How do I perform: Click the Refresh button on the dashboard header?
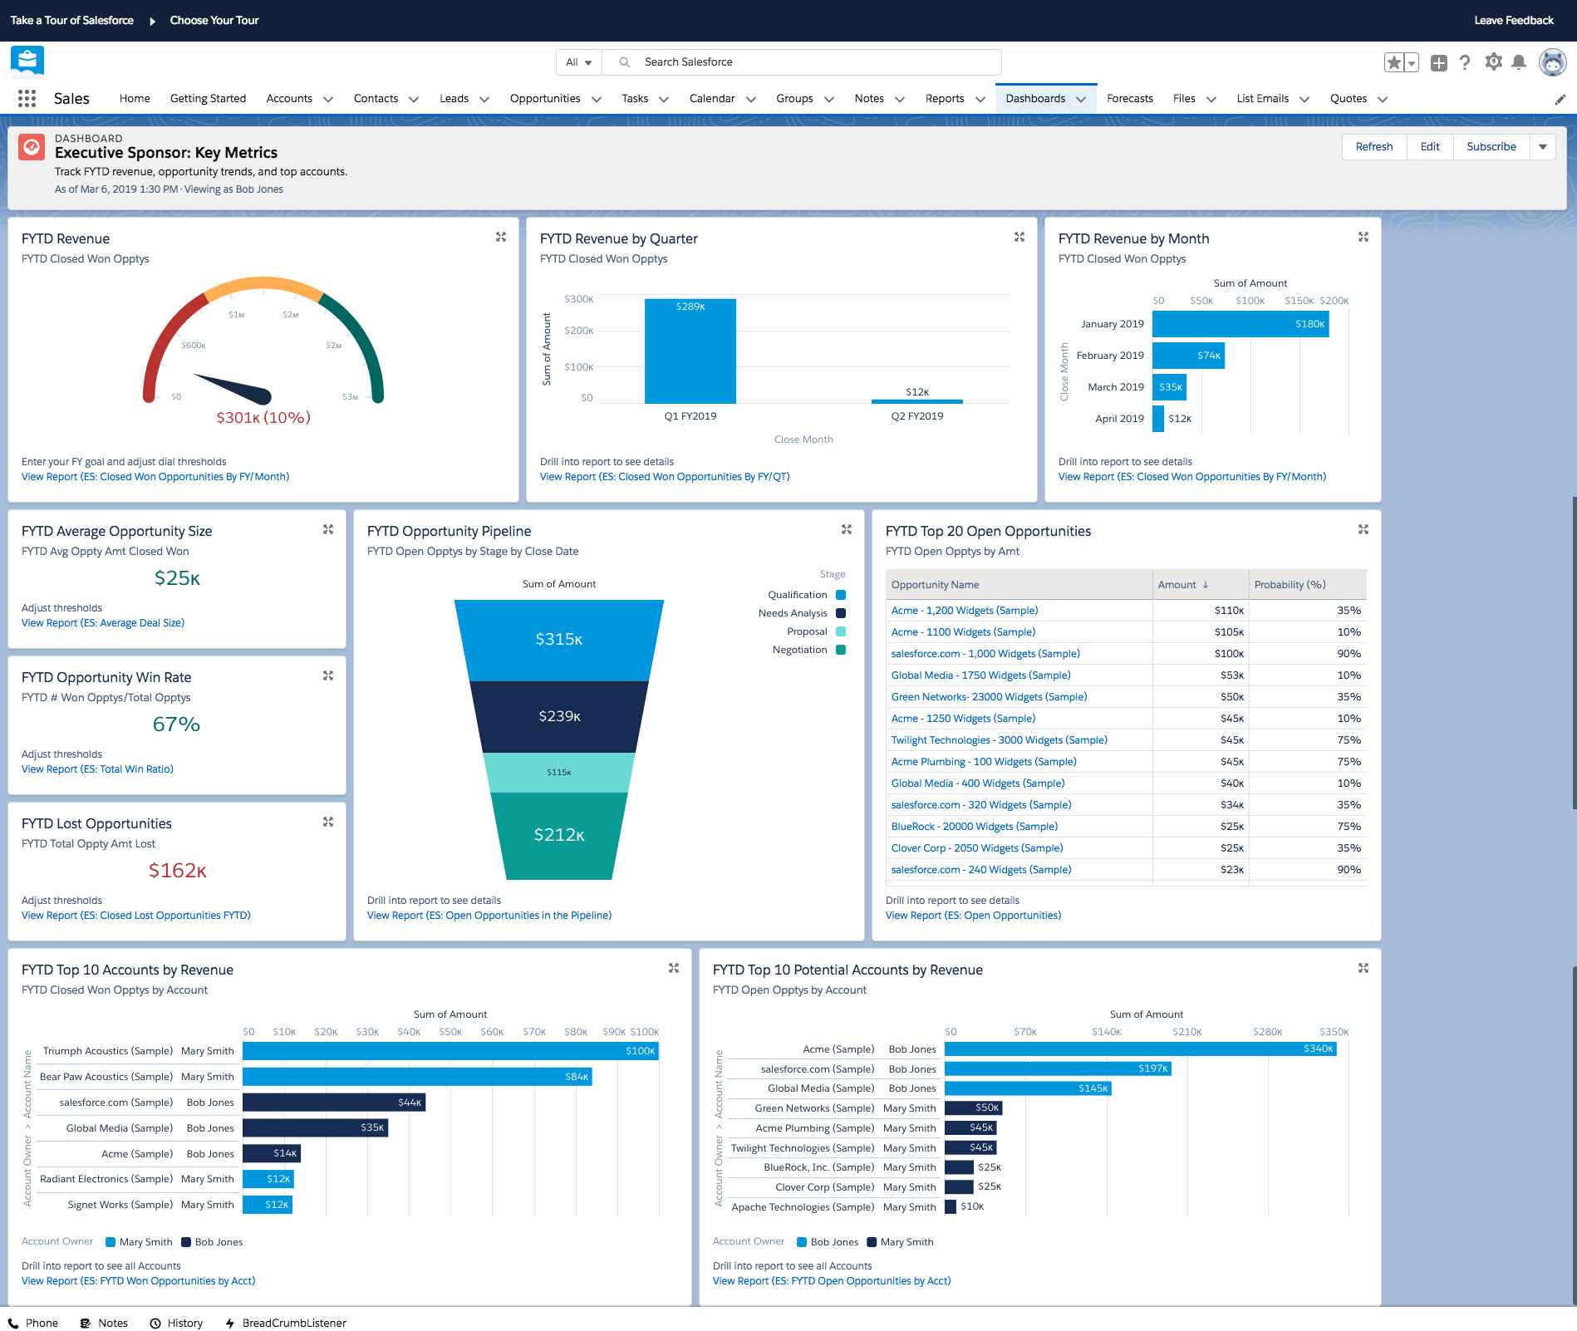click(x=1373, y=146)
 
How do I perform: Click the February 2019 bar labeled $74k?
click(x=1187, y=356)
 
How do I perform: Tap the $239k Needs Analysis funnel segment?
click(x=558, y=716)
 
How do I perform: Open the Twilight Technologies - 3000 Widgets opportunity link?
click(x=999, y=740)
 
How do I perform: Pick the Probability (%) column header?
click(x=1290, y=585)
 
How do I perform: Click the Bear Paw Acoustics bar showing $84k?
click(x=415, y=1077)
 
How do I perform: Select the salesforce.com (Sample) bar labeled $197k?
click(x=1057, y=1069)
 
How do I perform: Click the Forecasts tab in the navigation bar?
click(x=1129, y=98)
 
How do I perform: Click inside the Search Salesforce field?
click(x=814, y=62)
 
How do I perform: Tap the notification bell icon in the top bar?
click(x=1519, y=62)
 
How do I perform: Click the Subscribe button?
click(x=1491, y=146)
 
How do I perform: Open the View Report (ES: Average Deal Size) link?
click(x=103, y=623)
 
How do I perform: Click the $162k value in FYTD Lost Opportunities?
click(x=177, y=871)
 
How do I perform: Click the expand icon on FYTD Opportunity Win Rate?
click(x=328, y=675)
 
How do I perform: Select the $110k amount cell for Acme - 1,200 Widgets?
click(x=1228, y=611)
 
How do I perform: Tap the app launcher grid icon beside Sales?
click(x=27, y=99)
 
